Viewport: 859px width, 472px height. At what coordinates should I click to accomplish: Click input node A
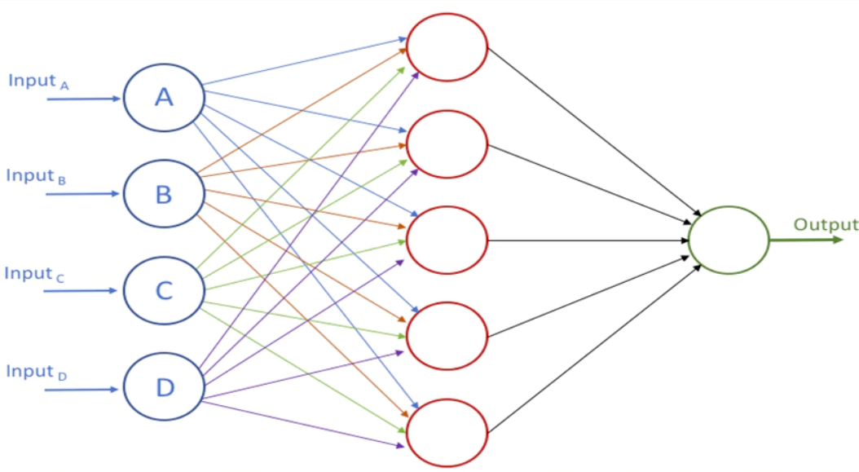click(163, 98)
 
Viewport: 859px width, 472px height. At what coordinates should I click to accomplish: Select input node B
click(163, 194)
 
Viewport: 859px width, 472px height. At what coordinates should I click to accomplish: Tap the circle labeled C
click(163, 290)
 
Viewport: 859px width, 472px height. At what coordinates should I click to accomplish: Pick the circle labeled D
click(163, 387)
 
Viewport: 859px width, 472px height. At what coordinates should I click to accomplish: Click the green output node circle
click(728, 240)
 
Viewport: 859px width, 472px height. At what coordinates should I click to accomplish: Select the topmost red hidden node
click(447, 47)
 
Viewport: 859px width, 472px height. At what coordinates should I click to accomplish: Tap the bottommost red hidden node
click(447, 433)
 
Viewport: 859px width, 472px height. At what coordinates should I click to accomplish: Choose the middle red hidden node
click(447, 240)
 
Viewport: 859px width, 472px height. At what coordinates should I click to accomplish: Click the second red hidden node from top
click(447, 144)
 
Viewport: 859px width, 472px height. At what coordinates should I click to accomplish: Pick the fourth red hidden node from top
click(447, 337)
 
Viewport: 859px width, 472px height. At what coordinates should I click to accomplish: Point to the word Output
click(826, 225)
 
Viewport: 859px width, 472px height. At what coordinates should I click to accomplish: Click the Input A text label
click(38, 81)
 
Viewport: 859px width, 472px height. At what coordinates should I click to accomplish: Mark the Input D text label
click(37, 372)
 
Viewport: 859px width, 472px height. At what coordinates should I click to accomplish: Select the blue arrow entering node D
click(81, 390)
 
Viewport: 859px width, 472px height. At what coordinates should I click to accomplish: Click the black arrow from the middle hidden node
click(587, 240)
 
